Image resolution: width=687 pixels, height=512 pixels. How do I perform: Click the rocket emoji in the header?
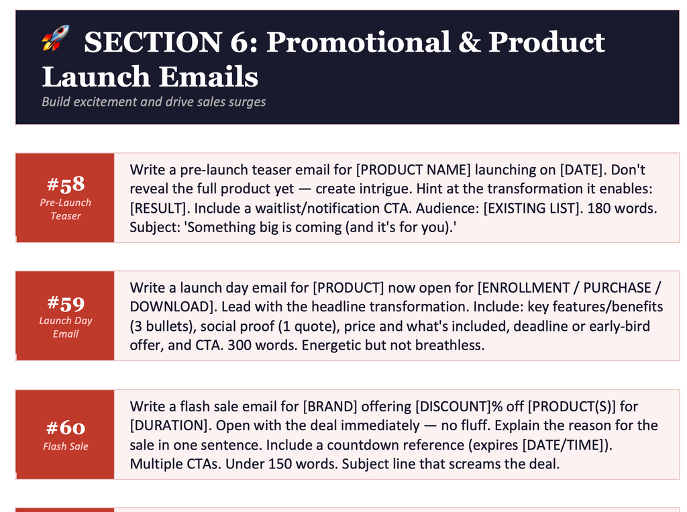[56, 39]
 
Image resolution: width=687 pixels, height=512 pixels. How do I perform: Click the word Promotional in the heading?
[358, 42]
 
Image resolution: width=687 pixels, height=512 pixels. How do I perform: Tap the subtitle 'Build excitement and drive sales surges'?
[154, 102]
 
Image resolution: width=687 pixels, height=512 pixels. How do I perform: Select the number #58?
[65, 185]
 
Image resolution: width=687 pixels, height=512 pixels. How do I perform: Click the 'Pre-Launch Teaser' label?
[65, 209]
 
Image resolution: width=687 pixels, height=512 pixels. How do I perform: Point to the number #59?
[65, 303]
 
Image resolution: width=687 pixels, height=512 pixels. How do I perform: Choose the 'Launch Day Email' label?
[65, 327]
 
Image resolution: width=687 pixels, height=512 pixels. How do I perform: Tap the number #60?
[65, 427]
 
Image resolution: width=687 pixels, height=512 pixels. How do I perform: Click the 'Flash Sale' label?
[65, 446]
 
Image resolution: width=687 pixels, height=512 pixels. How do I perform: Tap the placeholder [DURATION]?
[170, 425]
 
